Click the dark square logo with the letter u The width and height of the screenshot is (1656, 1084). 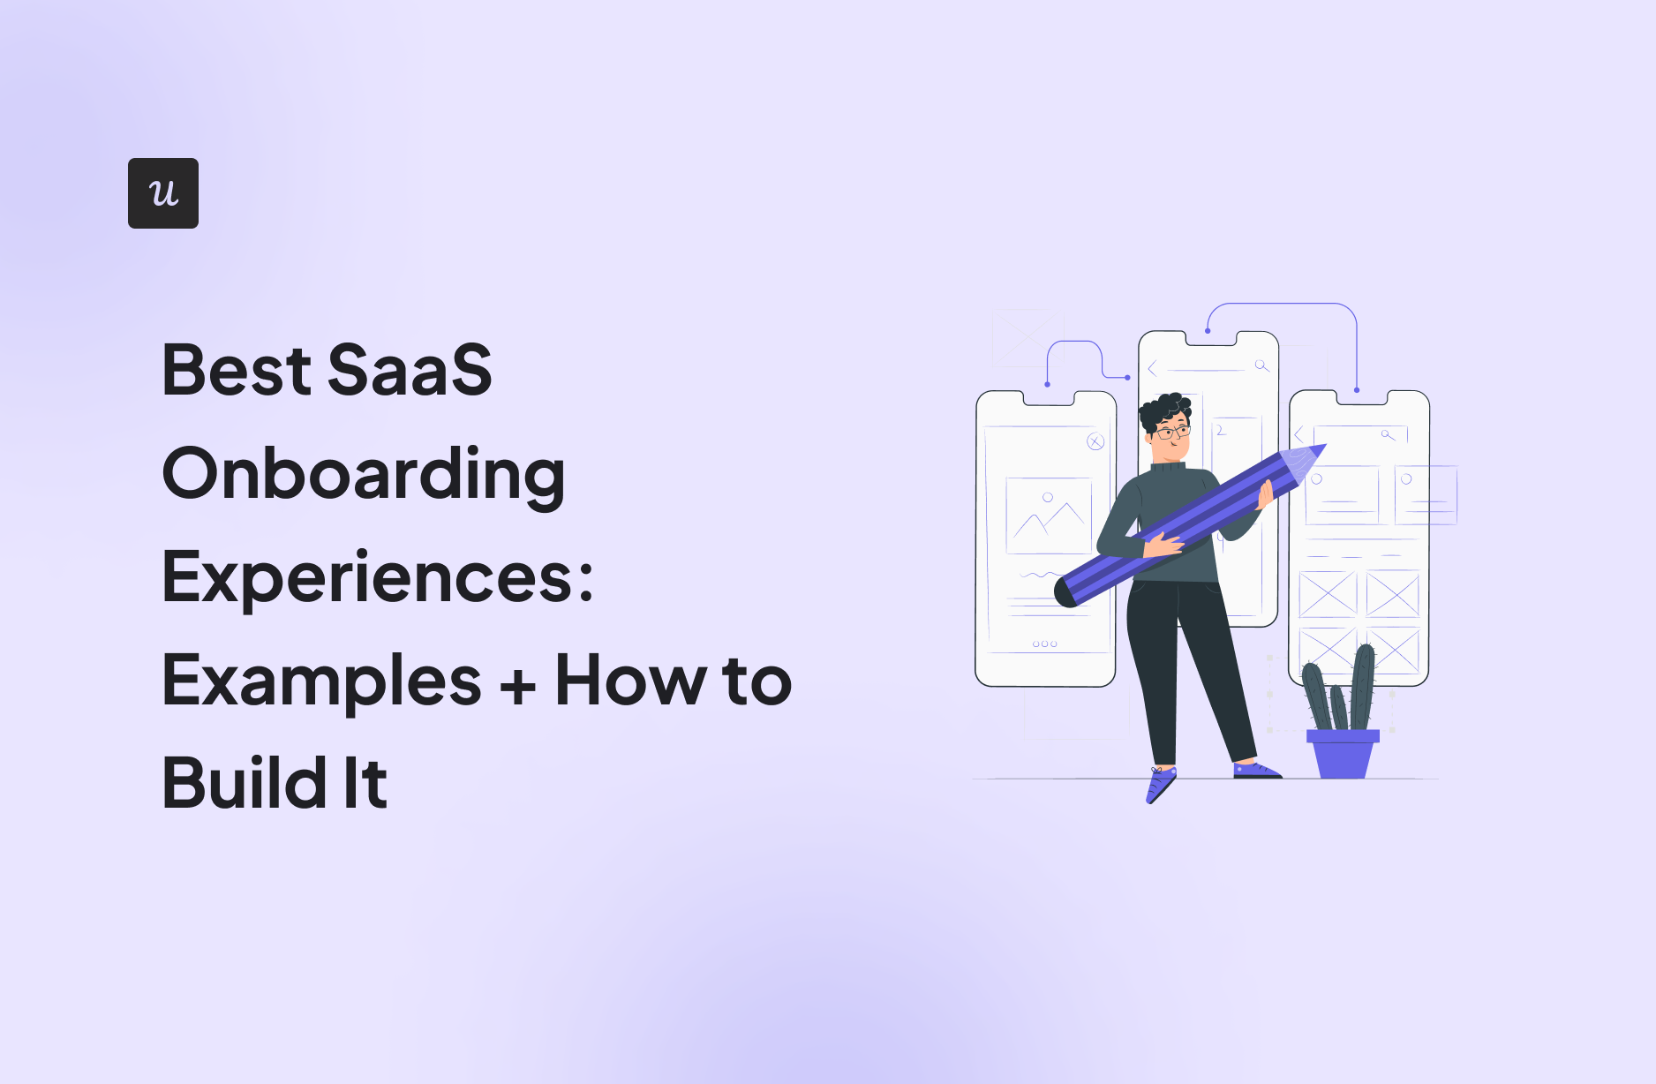[163, 193]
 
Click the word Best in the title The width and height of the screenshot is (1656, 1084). [237, 370]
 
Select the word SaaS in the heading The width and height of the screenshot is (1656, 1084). [410, 370]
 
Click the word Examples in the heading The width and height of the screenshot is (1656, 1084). [322, 681]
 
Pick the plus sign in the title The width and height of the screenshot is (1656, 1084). [518, 686]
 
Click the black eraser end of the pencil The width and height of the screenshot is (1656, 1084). [1065, 592]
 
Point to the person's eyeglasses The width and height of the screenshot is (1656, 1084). [1172, 433]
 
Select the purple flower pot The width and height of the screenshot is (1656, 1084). [1343, 754]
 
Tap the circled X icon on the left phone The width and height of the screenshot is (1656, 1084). [1095, 441]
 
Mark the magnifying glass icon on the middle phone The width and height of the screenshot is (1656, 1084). [1261, 365]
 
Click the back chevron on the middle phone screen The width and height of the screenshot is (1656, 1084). [1152, 368]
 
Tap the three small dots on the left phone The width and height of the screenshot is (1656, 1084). [1044, 644]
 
